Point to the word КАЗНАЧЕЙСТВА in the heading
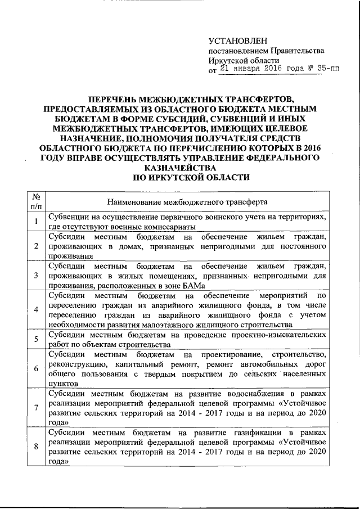click(180, 168)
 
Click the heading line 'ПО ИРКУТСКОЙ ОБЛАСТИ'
click(180, 178)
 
